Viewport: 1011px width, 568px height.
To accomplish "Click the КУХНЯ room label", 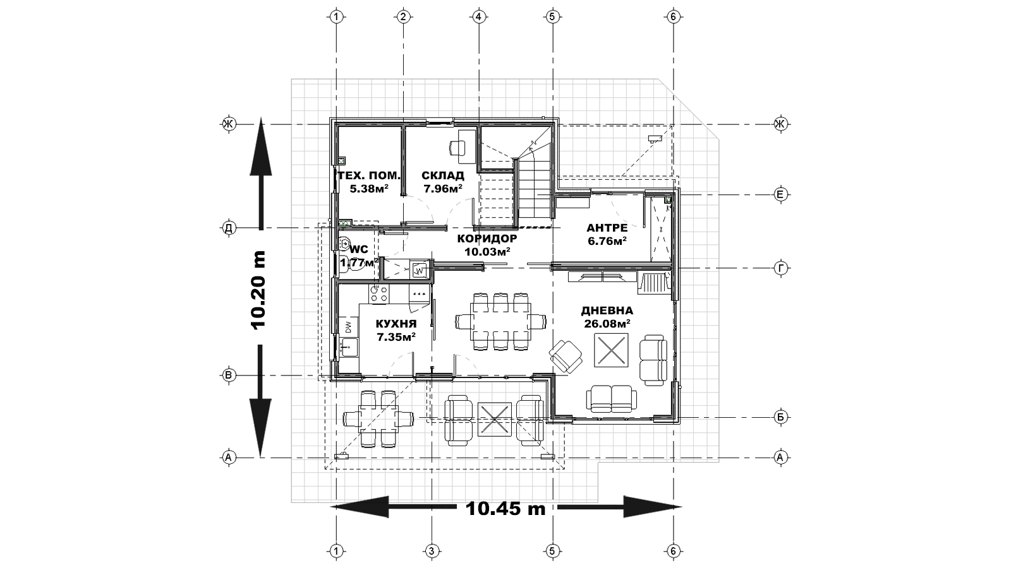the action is coord(396,324).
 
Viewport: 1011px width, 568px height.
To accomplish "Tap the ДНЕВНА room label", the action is coord(607,311).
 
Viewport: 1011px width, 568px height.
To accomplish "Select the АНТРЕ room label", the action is coord(607,228).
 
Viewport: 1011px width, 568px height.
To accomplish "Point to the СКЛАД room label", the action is coord(443,175).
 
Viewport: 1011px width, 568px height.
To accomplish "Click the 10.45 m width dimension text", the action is coord(505,509).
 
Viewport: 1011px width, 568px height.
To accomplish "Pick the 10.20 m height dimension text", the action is coord(259,290).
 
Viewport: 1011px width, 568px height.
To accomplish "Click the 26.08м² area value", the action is coord(607,324).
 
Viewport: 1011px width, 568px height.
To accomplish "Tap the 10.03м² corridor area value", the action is coord(487,252).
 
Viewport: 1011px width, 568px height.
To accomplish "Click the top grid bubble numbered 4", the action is coord(478,17).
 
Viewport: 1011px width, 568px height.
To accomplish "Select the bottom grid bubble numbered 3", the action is coord(432,551).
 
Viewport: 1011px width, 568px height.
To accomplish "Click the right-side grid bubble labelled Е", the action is coord(780,195).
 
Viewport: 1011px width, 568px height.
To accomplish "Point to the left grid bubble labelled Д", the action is coord(229,228).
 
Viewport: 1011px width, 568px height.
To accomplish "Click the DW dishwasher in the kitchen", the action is coord(348,326).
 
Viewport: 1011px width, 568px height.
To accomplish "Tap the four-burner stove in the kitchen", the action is coord(379,293).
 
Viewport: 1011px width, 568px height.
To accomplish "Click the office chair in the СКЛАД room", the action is coord(457,147).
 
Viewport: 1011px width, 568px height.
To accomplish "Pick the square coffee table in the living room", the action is coord(611,350).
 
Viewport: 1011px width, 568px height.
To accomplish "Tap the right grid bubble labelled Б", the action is coord(780,417).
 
